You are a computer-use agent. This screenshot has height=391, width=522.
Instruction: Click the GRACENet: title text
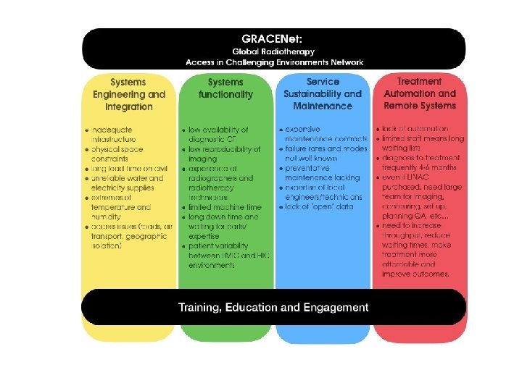point(274,38)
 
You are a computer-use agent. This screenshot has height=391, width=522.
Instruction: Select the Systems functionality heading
point(225,88)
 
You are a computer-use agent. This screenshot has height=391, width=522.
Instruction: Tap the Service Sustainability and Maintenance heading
point(323,95)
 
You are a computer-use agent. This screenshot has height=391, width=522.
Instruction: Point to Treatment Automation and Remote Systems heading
point(420,94)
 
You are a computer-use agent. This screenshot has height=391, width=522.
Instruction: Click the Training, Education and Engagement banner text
point(273,308)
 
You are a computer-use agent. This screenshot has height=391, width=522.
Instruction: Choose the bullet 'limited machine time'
point(224,207)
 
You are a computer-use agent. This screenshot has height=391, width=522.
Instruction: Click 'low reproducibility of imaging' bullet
point(224,154)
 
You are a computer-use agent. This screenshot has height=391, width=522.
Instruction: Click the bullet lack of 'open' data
point(319,207)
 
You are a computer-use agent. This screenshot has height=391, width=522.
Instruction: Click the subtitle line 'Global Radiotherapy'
point(273,52)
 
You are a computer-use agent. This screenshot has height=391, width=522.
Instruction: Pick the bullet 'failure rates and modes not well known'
point(323,153)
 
